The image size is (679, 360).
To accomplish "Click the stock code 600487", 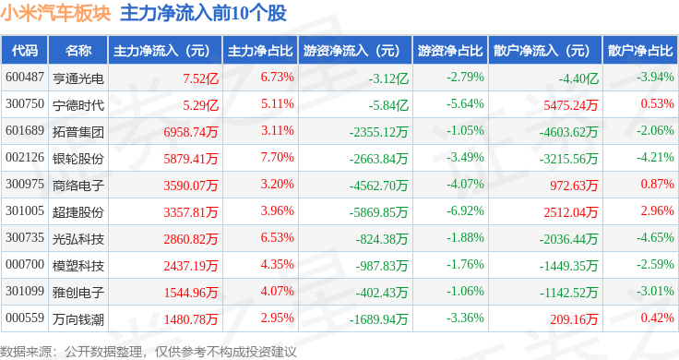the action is [25, 78].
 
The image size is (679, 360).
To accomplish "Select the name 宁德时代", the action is [78, 105].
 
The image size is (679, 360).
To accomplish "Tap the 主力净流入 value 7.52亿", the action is [200, 78].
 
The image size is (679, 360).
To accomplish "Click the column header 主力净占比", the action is [260, 51].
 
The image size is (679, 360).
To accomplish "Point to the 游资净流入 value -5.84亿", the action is [388, 105].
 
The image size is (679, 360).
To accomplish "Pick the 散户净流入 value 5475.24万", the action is [570, 105].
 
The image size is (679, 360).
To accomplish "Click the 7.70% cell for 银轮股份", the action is [277, 157].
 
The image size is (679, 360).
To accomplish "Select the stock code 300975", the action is [25, 184].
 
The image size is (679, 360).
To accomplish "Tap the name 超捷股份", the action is [78, 211].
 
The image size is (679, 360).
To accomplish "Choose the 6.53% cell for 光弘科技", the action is [277, 237].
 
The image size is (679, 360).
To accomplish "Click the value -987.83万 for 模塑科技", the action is [382, 266].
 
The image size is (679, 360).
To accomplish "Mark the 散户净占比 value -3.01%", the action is [655, 291].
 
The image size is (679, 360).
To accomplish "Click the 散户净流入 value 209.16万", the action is [574, 319].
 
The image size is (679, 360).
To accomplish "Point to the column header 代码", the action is [25, 51].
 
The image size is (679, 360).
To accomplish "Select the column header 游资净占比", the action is [450, 51].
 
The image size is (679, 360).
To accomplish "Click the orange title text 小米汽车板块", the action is [55, 14].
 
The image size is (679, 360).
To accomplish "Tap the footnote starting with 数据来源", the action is [149, 352].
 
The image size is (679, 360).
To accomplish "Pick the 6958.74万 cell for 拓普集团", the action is [191, 132].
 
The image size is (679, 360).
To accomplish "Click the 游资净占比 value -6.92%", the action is [465, 210].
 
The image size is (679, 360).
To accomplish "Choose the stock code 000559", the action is [25, 318].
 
